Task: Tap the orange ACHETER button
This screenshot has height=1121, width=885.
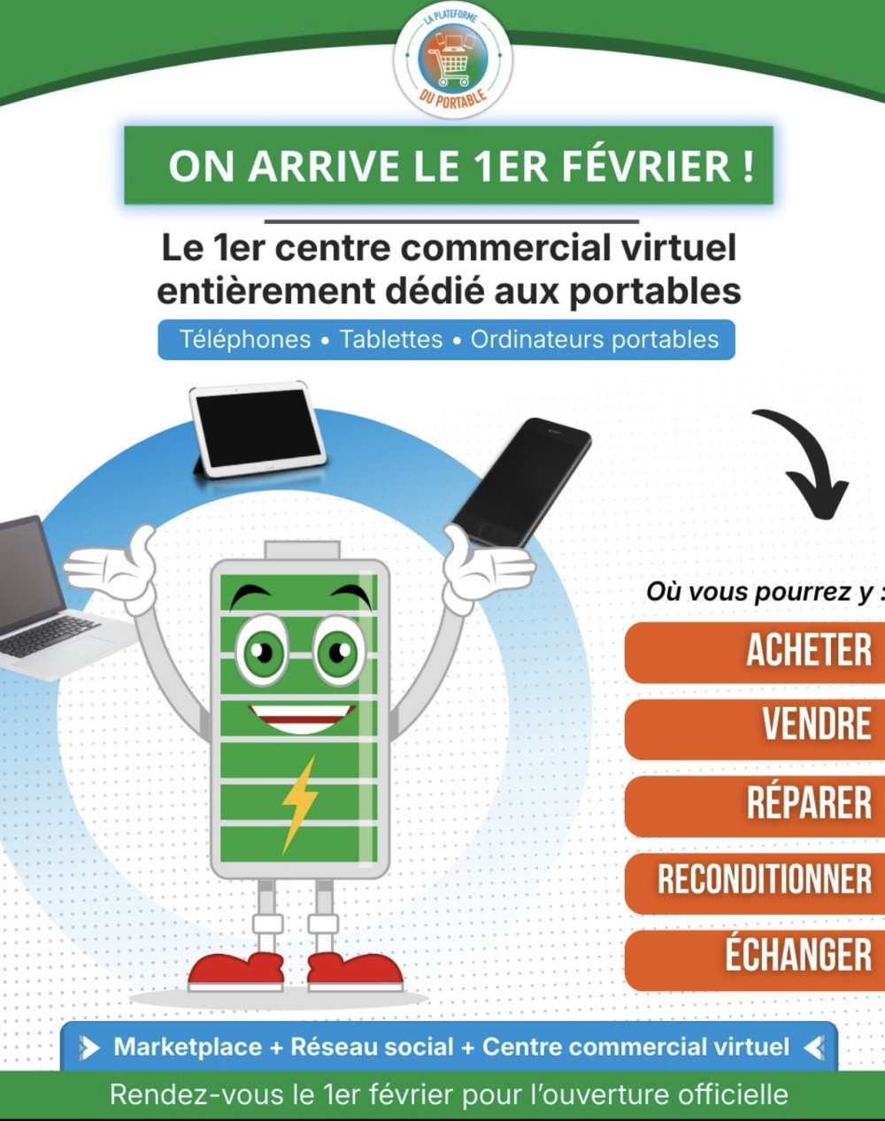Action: pos(755,650)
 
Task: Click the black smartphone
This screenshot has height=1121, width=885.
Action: pos(521,483)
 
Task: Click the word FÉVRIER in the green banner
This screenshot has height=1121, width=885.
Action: pos(652,166)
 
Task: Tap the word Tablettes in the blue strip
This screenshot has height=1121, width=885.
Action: pos(391,340)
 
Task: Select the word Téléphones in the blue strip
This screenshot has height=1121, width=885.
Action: pos(245,340)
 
